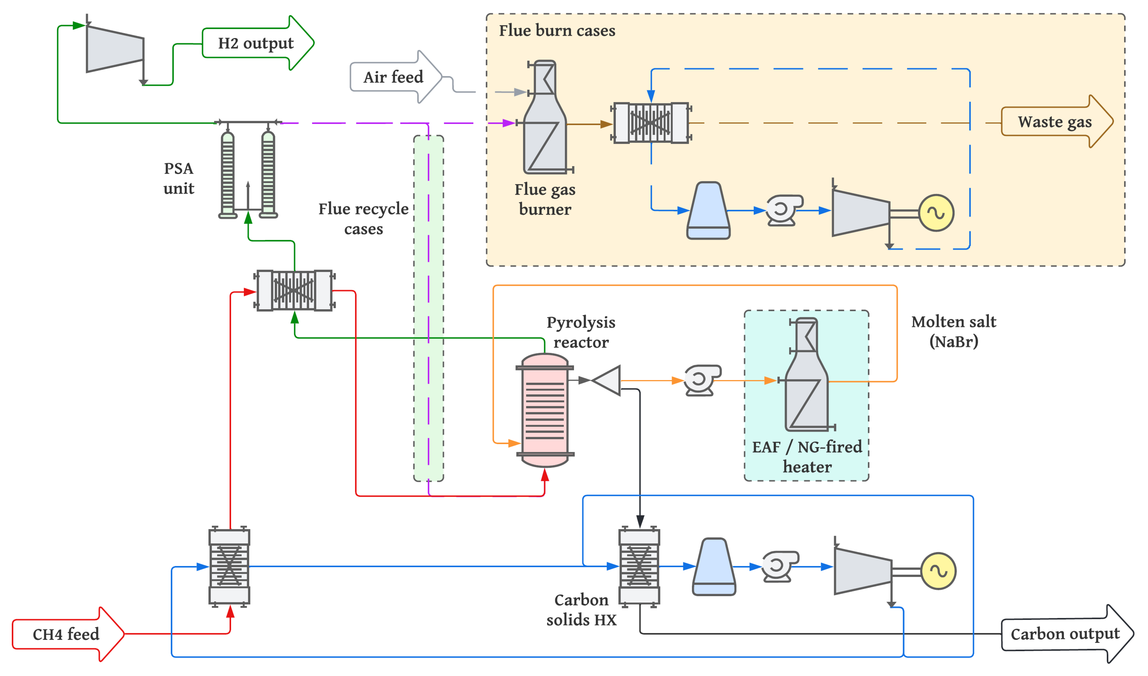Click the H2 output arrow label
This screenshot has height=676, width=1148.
pos(256,43)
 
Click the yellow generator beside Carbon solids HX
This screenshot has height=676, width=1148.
pos(938,571)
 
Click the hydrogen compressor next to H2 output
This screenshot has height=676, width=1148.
pos(115,49)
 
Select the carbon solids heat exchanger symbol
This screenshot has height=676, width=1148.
pos(639,567)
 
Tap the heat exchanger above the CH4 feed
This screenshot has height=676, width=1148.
pos(229,567)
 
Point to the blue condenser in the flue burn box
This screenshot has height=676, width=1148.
pos(708,211)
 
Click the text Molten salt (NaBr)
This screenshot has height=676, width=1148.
pos(953,332)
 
